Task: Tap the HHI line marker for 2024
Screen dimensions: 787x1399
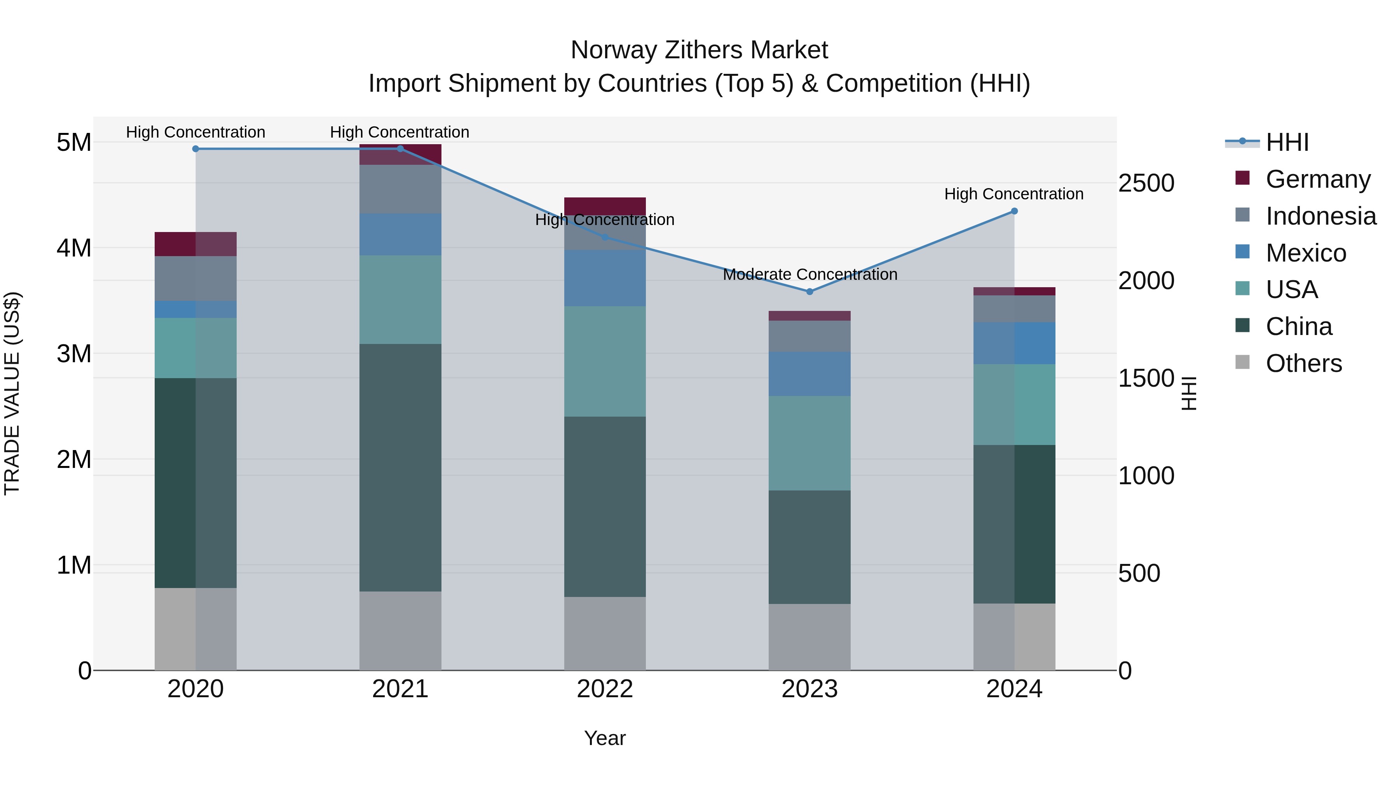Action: [1014, 211]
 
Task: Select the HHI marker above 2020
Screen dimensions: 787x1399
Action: [195, 149]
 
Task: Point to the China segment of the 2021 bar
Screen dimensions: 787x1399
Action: [400, 467]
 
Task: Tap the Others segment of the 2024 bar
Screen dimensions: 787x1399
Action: [1014, 637]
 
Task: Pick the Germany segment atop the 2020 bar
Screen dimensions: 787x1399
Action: [195, 244]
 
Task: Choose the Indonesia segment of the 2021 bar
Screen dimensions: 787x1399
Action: [400, 189]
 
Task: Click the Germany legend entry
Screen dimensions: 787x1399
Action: [1317, 179]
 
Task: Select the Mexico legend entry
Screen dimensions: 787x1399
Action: [1306, 253]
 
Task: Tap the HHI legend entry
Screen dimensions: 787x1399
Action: [1287, 142]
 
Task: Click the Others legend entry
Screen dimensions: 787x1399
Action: [1303, 363]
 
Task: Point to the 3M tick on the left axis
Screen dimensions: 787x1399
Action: [74, 354]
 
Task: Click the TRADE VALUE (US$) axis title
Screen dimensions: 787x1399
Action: [12, 393]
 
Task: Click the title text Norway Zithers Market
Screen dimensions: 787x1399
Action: [699, 50]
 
